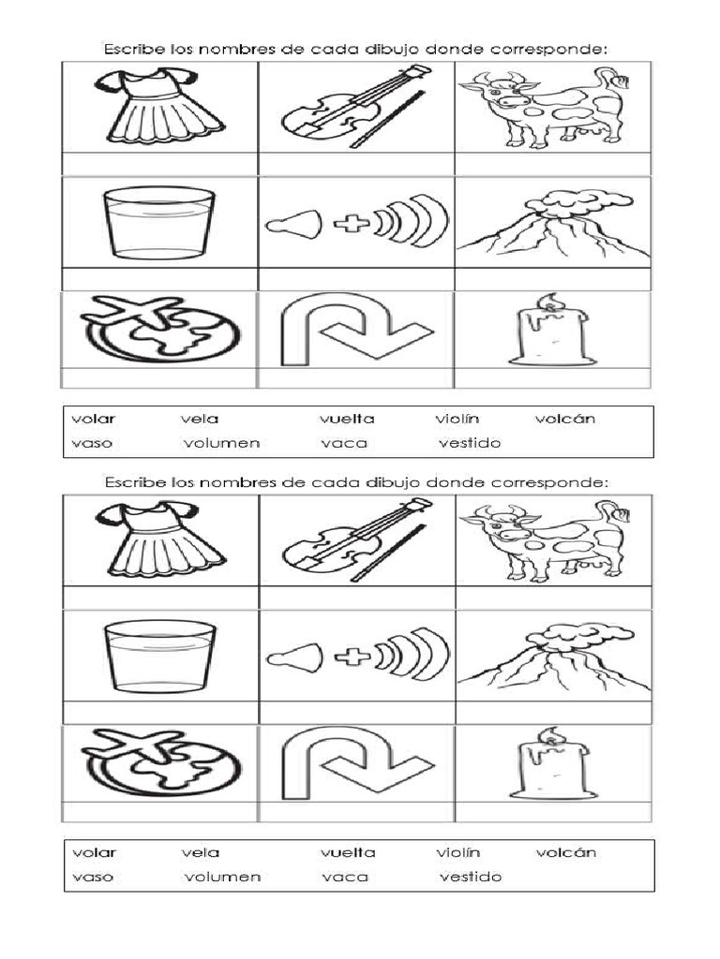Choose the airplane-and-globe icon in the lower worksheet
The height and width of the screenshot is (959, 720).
click(159, 763)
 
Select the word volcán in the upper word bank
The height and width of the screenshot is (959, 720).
click(564, 419)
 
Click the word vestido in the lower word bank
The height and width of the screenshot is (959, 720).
click(471, 877)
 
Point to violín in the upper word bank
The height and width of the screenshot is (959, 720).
click(457, 419)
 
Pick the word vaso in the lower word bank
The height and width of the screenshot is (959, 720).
click(92, 877)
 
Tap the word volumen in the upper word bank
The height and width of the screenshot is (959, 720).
click(221, 443)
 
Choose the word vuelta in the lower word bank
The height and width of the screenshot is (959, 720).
click(347, 852)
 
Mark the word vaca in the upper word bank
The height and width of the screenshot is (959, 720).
click(344, 443)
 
